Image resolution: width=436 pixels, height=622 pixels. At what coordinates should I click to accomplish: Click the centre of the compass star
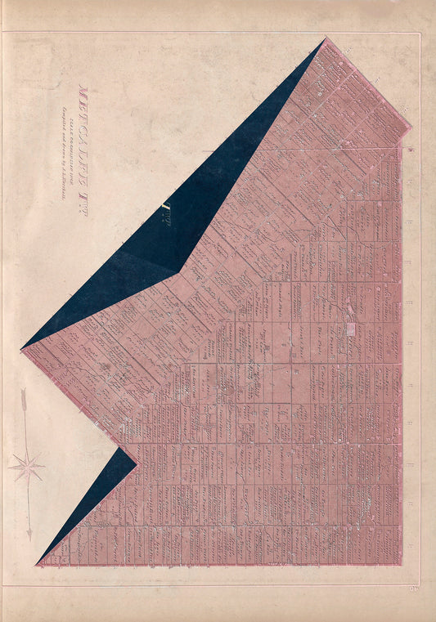point(27,468)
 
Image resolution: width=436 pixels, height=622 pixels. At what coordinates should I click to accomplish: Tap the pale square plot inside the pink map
point(351,329)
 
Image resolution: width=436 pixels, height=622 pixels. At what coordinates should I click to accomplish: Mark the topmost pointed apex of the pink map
point(326,38)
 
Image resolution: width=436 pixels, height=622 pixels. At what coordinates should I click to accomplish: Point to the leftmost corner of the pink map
point(22,350)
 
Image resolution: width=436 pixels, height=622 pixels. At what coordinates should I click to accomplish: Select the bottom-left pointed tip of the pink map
point(38,565)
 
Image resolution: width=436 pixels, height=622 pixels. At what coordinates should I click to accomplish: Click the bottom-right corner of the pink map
point(402,565)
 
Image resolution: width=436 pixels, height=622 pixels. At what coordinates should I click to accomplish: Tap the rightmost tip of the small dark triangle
point(137,466)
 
